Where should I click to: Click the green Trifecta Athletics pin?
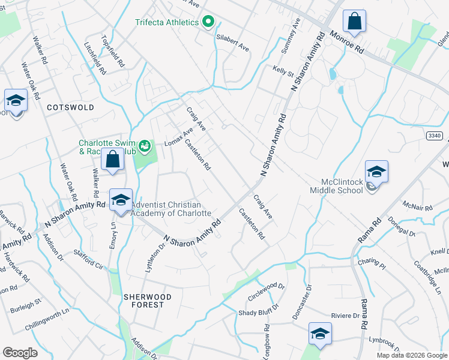209,22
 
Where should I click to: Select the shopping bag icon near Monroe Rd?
355,22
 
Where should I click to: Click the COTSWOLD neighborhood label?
71,107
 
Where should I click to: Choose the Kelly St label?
283,73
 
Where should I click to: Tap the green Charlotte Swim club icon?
144,145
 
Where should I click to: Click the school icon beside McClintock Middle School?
376,173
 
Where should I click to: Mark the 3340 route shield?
435,136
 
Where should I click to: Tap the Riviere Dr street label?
345,316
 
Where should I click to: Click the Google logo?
20,353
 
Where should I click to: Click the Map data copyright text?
412,355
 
